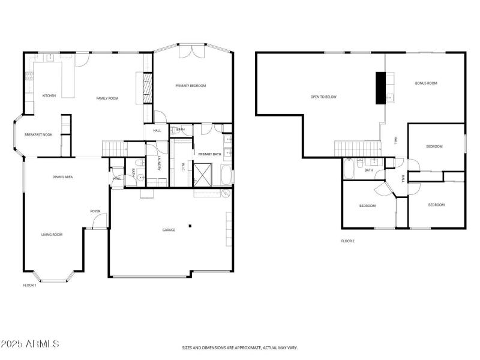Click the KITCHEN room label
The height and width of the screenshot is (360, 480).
click(49, 96)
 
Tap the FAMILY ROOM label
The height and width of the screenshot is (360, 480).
click(108, 98)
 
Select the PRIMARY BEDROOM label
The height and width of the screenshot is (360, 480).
click(191, 86)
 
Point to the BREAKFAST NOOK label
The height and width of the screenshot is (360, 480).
click(38, 134)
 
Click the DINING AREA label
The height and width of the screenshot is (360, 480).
click(63, 177)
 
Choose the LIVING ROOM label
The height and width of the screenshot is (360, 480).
click(52, 235)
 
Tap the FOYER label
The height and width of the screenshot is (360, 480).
click(95, 211)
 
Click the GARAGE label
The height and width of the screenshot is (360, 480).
click(169, 230)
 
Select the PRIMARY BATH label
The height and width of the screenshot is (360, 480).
click(210, 154)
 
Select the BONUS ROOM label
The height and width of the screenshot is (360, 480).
click(426, 83)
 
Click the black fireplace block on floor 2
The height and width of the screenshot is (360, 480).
click(380, 88)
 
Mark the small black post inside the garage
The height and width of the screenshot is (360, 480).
click(190, 226)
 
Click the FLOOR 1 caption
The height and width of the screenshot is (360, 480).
click(29, 285)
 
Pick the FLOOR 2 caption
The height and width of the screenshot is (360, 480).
click(348, 241)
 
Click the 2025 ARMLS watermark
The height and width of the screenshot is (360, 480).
click(30, 344)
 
